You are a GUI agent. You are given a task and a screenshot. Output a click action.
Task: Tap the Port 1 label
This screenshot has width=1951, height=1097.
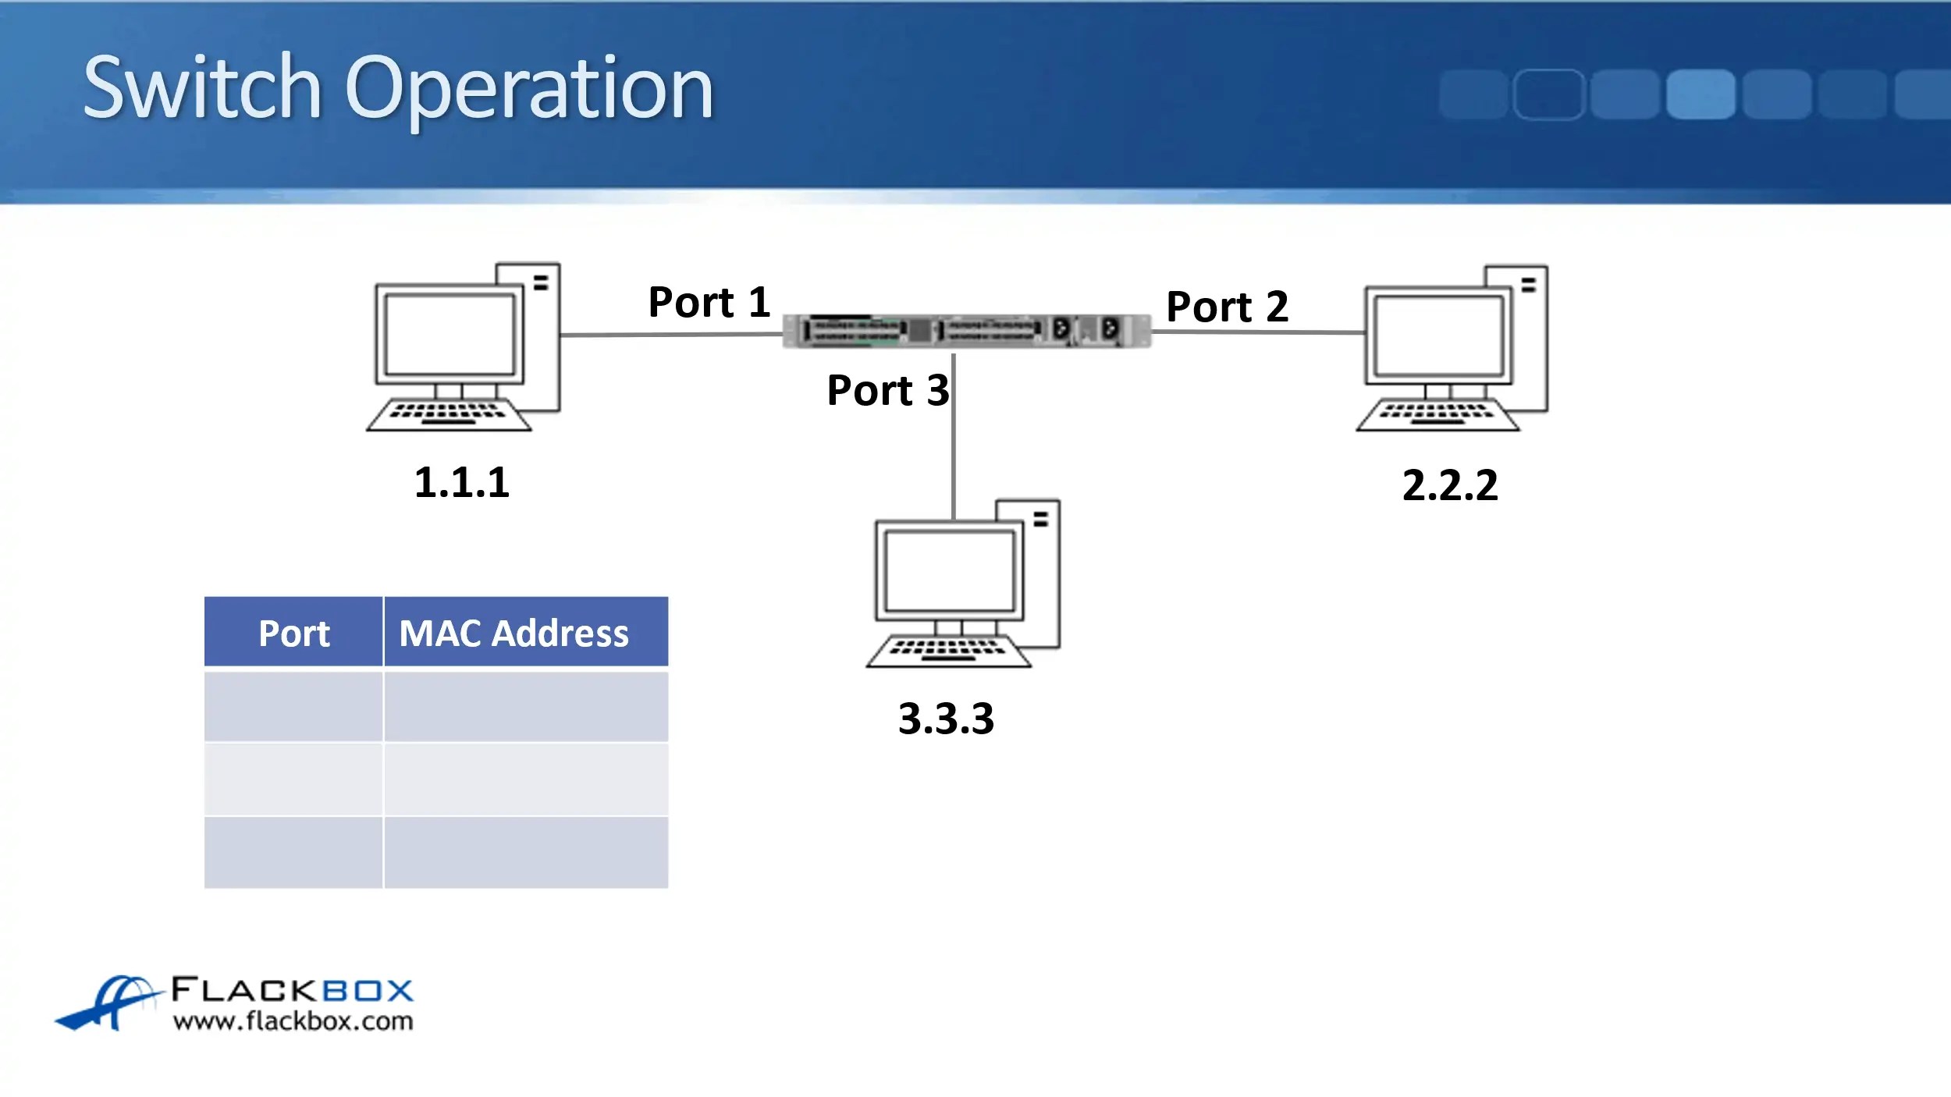click(709, 302)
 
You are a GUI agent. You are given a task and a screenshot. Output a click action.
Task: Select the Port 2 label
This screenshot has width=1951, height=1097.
click(1227, 306)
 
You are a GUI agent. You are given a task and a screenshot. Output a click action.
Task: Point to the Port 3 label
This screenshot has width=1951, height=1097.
click(888, 390)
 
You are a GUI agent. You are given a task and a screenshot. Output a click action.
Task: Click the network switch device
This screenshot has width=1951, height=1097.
click(967, 330)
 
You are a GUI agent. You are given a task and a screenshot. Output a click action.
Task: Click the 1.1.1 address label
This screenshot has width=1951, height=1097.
click(462, 482)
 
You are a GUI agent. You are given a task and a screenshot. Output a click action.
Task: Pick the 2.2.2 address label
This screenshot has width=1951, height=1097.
click(1450, 485)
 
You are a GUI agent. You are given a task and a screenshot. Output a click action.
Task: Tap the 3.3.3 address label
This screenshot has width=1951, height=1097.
click(947, 719)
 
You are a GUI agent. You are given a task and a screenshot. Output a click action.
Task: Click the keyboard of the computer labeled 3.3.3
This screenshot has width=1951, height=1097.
click(948, 651)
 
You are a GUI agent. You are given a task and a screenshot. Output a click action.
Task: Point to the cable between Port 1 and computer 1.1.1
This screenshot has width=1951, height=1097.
click(671, 335)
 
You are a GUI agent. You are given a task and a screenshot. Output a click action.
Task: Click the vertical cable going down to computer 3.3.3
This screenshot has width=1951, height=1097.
click(954, 435)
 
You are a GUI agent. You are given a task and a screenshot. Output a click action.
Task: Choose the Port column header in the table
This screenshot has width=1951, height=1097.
click(294, 634)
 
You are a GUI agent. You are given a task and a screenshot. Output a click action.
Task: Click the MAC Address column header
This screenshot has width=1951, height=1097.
click(514, 633)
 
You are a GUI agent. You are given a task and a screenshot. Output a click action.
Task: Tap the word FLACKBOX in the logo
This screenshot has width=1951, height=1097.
click(292, 990)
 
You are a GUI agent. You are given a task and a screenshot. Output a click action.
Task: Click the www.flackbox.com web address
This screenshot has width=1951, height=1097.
click(293, 1021)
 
